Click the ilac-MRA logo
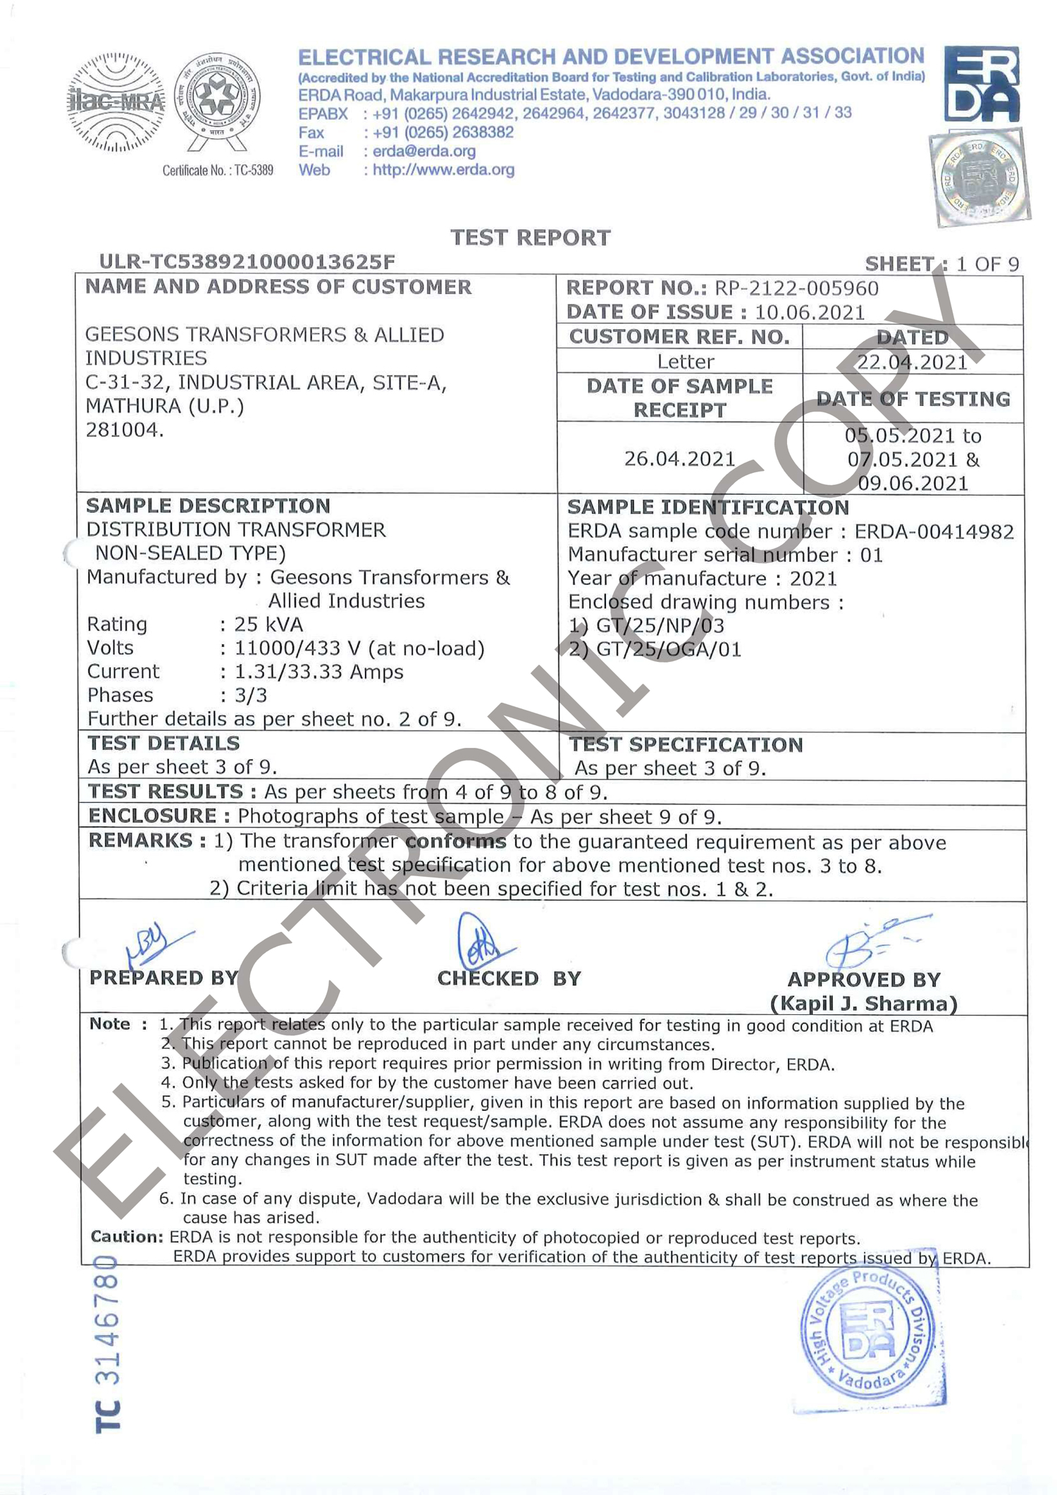click(x=116, y=103)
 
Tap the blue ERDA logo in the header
click(x=981, y=85)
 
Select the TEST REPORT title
click(x=530, y=238)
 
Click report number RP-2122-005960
click(x=796, y=288)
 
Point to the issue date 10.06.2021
click(x=809, y=312)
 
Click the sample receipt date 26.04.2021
click(x=679, y=459)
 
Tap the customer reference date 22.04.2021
click(x=912, y=362)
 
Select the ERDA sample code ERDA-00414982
click(x=934, y=531)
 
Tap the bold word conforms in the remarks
click(x=456, y=842)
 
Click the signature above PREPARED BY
click(x=156, y=945)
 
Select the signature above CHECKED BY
click(x=482, y=941)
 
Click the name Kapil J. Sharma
click(x=863, y=1004)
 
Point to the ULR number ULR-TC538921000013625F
click(x=247, y=262)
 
